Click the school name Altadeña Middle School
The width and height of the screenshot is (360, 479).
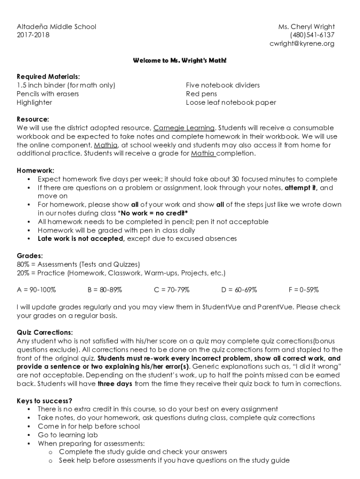click(x=56, y=27)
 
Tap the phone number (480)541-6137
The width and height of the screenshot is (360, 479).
click(x=312, y=35)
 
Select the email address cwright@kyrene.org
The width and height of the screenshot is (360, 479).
click(x=302, y=44)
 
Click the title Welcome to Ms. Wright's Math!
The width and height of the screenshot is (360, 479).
click(x=180, y=61)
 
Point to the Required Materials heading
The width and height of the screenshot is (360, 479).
click(x=48, y=76)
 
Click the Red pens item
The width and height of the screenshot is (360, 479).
click(x=202, y=94)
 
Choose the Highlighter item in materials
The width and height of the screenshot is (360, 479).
click(x=35, y=102)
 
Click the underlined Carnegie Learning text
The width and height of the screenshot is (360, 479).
click(x=184, y=128)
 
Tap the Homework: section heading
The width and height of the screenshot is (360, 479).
click(x=36, y=170)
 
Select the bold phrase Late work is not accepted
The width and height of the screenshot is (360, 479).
click(x=81, y=239)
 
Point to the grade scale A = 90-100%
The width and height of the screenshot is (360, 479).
click(x=36, y=290)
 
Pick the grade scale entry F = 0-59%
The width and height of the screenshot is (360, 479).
click(x=303, y=290)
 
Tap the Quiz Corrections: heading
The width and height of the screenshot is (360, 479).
click(x=45, y=332)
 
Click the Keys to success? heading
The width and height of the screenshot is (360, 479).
click(x=44, y=400)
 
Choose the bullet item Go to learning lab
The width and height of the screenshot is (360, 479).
click(x=68, y=435)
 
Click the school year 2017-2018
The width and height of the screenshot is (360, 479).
click(x=33, y=35)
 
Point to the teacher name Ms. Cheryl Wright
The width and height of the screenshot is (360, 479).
click(x=306, y=27)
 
